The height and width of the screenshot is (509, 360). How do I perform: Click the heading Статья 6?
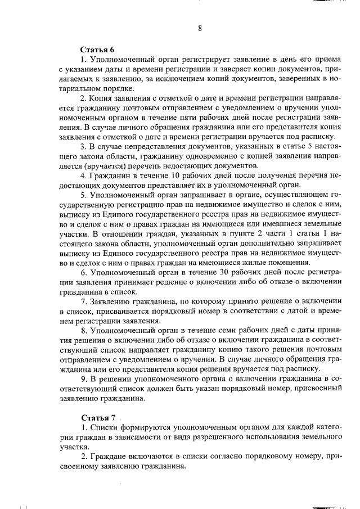[98, 49]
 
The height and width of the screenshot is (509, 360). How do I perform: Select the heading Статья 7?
[98, 418]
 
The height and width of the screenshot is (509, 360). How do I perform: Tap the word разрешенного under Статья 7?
[223, 438]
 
